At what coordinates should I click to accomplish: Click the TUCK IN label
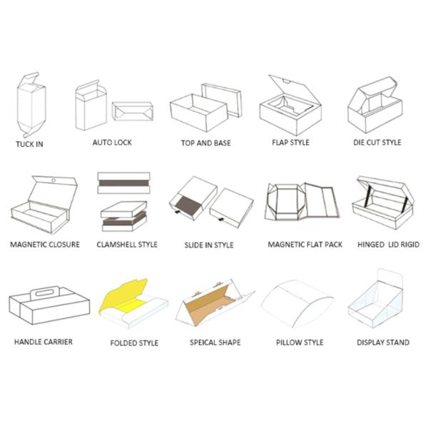click(x=29, y=144)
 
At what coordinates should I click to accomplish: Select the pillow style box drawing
click(x=297, y=303)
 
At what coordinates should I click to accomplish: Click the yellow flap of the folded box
click(x=123, y=295)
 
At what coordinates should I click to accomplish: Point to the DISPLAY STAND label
click(x=383, y=342)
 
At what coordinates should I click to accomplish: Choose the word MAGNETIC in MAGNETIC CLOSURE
click(x=26, y=244)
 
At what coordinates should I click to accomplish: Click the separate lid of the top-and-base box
click(x=222, y=100)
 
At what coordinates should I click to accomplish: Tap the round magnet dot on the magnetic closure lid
click(x=53, y=180)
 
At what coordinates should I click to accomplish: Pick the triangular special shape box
click(x=215, y=302)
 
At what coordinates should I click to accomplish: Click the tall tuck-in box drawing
click(x=31, y=105)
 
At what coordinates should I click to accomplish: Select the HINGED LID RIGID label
click(x=388, y=244)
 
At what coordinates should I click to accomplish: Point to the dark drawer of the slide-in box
click(x=189, y=206)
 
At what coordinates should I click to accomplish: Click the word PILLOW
click(x=287, y=342)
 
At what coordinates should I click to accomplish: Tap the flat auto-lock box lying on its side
click(x=133, y=111)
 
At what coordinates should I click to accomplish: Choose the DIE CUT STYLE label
click(x=377, y=142)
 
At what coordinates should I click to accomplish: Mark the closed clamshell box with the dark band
click(x=123, y=183)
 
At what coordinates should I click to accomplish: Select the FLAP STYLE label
click(x=290, y=142)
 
